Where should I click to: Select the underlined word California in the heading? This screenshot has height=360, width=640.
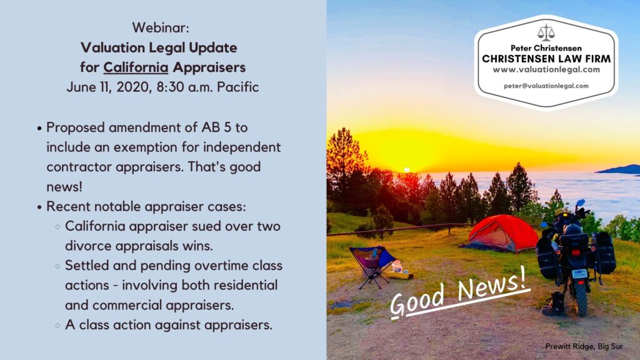136,67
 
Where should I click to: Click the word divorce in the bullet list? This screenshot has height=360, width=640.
87,246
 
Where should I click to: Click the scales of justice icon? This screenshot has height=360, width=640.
546,32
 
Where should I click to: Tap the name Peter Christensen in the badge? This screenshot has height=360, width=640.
546,48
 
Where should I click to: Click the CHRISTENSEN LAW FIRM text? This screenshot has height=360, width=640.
546,59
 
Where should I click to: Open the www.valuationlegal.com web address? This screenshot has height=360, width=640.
546,70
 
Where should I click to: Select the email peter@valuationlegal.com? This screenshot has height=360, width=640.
546,86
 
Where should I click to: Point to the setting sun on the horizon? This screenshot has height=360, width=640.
406,170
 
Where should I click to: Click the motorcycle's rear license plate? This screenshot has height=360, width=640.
579,274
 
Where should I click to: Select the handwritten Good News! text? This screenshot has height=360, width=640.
459,292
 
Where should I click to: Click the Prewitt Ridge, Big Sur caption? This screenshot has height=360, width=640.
584,346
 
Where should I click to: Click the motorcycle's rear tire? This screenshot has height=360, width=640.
580,298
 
